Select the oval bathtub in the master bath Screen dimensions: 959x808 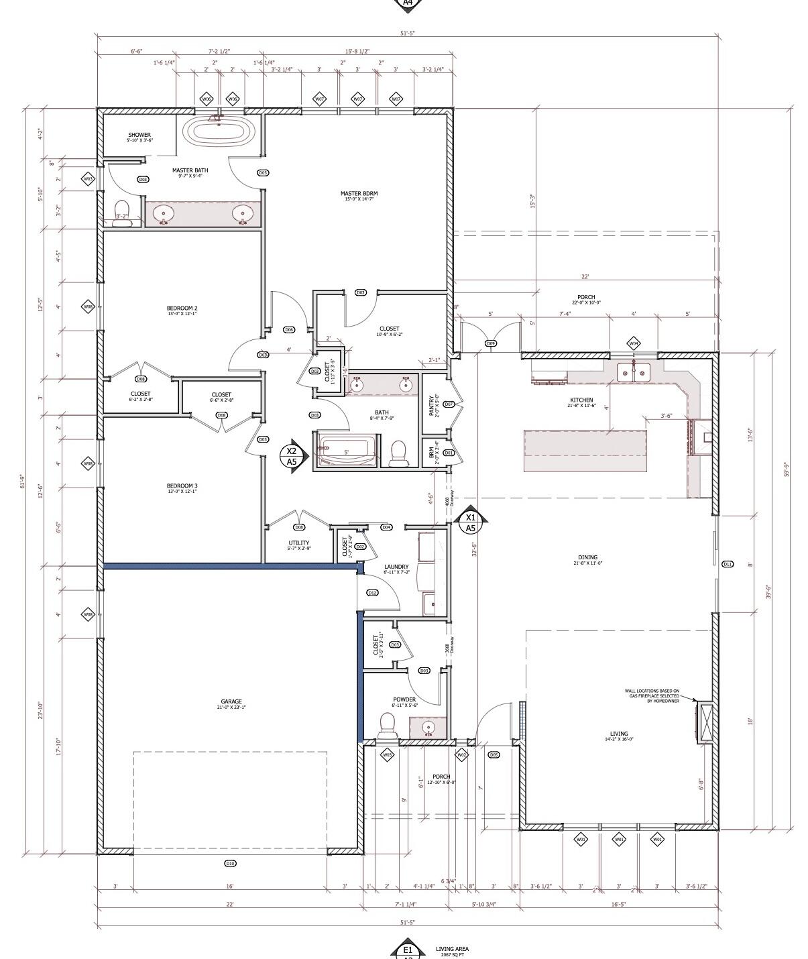pos(219,131)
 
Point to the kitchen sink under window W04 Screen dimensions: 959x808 pos(633,371)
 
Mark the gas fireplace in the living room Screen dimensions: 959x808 pos(704,723)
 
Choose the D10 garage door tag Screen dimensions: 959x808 pos(230,863)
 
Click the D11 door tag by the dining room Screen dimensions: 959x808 pos(728,564)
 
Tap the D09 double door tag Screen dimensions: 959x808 pos(491,343)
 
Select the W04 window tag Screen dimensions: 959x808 pos(633,343)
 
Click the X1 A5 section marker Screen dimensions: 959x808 pos(471,522)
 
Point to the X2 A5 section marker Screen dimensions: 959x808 pos(292,456)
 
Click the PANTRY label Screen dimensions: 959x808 pos(432,405)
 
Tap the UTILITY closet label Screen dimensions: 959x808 pos(298,543)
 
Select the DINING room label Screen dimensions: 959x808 pos(587,557)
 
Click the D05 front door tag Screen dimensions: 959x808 pos(494,755)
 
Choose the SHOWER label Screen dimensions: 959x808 pos(139,135)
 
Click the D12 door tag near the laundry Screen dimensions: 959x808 pos(372,593)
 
